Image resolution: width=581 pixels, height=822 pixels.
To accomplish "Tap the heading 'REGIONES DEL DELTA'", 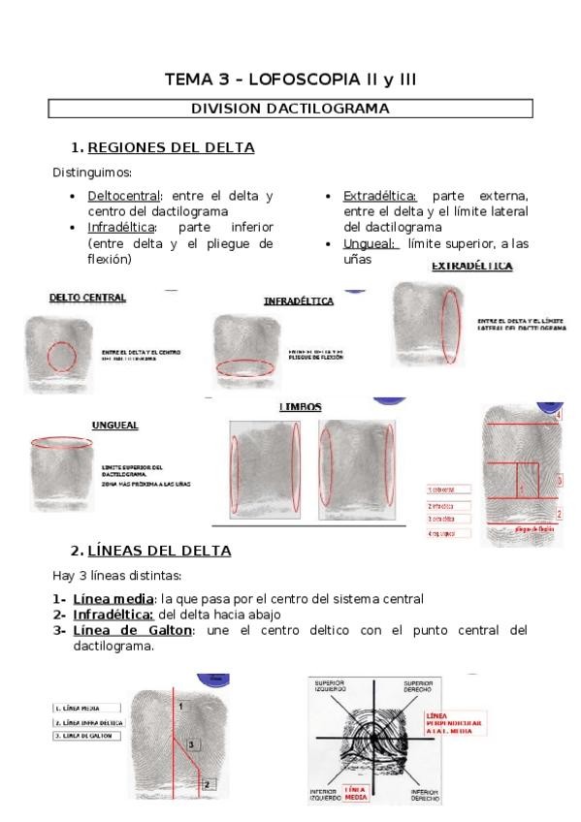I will coord(171,148).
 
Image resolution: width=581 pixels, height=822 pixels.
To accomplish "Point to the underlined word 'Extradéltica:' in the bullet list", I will coord(380,195).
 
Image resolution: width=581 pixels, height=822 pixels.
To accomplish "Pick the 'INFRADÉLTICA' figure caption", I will coord(298,301).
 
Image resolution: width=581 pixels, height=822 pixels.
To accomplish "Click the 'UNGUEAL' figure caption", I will coord(114,425).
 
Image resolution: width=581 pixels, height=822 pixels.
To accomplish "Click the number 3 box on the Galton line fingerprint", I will coord(192,744).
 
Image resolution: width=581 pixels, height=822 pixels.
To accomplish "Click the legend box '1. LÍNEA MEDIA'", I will coord(86,708).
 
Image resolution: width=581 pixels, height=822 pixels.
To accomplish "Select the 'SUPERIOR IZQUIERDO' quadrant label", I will coord(330,686).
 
